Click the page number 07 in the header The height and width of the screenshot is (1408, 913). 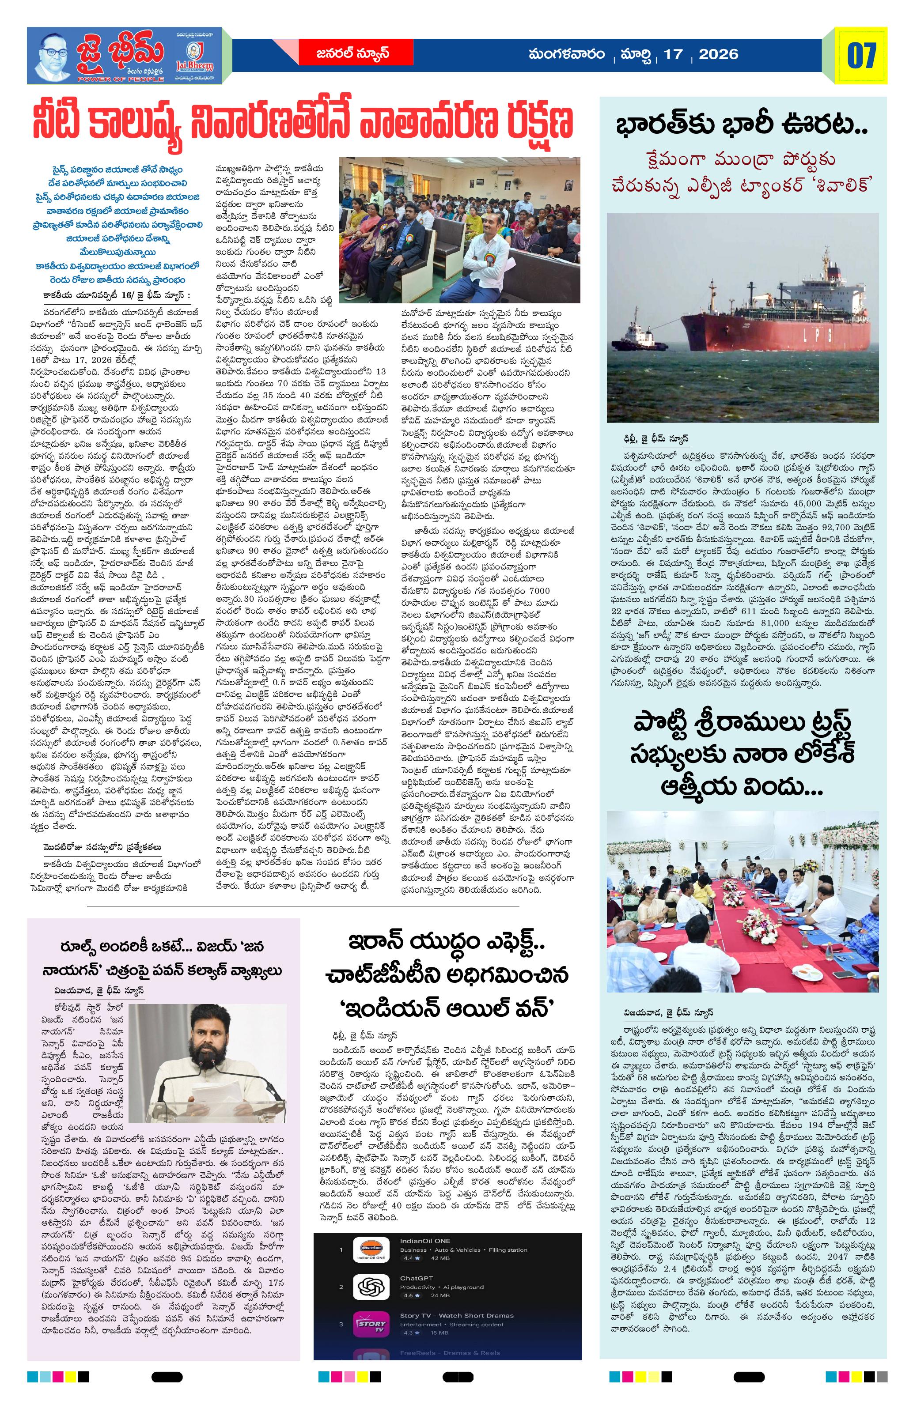(861, 56)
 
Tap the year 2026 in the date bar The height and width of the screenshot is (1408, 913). (718, 54)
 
